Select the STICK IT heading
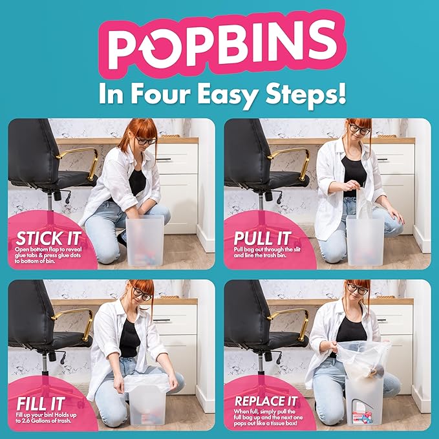(48, 239)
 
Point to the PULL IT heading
(262, 239)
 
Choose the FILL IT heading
(41, 404)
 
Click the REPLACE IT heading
(266, 402)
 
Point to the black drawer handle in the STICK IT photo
(164, 159)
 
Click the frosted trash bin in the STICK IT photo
(145, 241)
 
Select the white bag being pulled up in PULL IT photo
(363, 202)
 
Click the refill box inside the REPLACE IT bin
(363, 417)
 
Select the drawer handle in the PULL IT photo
(382, 159)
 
